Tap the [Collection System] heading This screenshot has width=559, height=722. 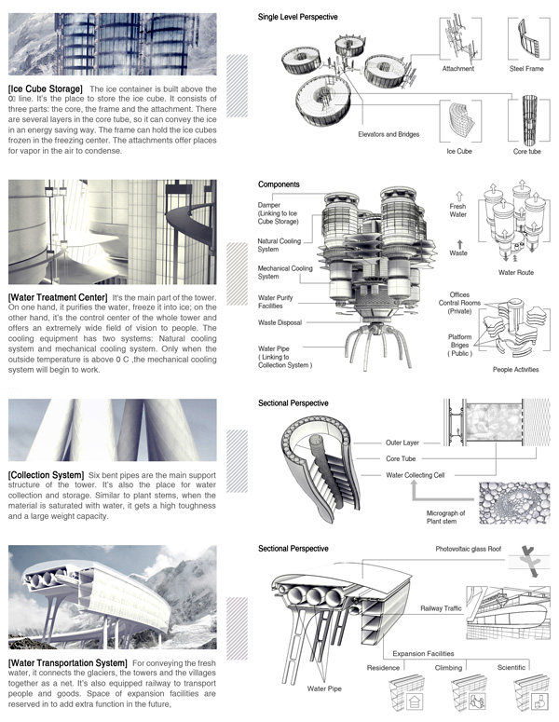[x=46, y=474]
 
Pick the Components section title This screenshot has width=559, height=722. [x=279, y=184]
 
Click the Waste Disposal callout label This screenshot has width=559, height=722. [x=286, y=322]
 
